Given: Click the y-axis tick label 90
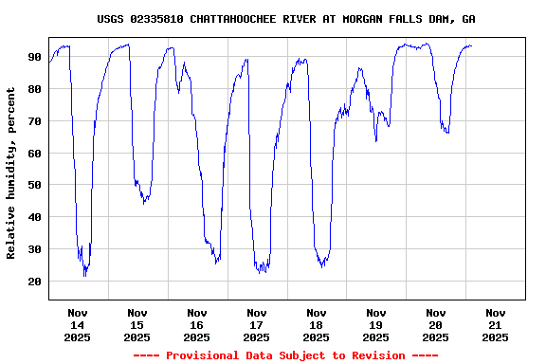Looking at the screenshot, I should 35,57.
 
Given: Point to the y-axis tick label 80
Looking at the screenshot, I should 35,89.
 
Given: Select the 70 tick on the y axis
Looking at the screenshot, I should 35,121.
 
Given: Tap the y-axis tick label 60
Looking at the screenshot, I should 35,154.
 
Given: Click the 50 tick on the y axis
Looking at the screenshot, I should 35,185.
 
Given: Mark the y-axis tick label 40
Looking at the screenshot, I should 35,217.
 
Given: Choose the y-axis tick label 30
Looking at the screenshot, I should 35,249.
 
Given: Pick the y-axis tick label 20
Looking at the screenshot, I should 35,282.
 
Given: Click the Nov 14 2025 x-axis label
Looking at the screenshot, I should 78,324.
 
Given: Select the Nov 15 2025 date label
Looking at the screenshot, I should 137,324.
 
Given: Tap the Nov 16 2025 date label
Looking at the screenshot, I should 197,324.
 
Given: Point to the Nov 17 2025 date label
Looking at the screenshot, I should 257,324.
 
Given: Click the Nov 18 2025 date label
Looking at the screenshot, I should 317,324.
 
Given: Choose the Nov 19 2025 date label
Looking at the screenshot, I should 376,324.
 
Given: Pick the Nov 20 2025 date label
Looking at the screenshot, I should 436,324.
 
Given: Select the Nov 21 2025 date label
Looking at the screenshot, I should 495,324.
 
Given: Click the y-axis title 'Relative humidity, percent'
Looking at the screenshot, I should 11,173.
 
